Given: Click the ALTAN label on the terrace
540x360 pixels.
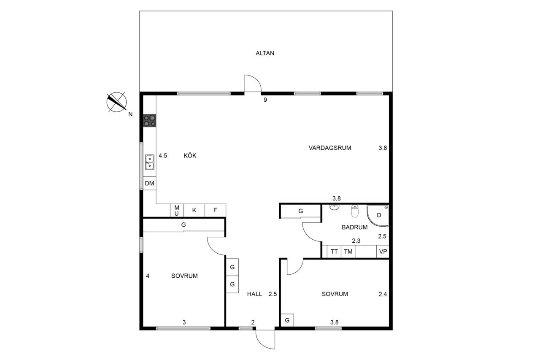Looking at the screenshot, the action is pos(265,53).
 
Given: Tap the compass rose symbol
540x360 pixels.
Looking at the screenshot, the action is pos(117,102).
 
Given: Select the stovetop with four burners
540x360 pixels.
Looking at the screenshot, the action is pos(150,121).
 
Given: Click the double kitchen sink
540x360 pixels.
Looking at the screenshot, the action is pos(150,162).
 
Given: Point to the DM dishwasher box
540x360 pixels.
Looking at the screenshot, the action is pos(149,183).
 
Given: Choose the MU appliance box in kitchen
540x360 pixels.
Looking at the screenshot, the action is pos(177,211).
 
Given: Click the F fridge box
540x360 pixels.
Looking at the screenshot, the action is pos(215,211).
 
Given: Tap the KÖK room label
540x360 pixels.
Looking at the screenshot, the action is pos(190,156).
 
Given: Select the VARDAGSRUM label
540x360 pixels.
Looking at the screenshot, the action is pos(330,148).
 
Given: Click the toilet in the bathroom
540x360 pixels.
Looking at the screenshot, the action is pos(355,211).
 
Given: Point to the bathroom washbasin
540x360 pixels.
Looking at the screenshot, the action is pos(334,207).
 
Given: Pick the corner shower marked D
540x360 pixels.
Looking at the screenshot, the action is pos(378,216).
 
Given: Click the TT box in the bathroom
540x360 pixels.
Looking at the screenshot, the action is pos(334,252).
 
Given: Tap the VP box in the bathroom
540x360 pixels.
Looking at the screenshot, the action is pos(383,252).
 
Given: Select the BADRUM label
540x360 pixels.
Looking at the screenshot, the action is pos(355,227).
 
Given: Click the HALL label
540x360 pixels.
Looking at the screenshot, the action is pos(254,294).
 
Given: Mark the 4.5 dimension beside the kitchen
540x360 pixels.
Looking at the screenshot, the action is pos(163,156).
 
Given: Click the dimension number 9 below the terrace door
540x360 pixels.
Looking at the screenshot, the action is pos(265,100).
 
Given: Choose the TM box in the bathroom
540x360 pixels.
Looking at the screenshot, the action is pos(348,252).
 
